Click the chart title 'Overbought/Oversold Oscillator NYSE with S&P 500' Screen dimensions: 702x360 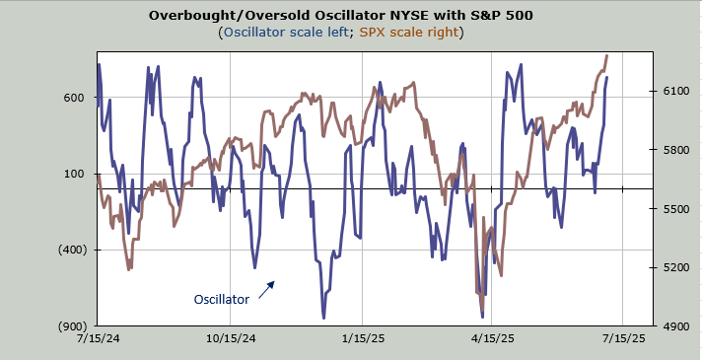point(341,15)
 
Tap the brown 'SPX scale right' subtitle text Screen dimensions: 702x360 point(409,33)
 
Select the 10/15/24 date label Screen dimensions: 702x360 point(230,338)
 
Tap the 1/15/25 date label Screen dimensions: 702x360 point(362,338)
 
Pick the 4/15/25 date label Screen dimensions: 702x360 point(492,338)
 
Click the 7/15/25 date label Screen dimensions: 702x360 point(623,338)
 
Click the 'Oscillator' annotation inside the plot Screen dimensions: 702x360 point(221,300)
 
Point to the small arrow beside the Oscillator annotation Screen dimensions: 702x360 point(266,289)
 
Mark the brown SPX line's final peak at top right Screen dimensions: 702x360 point(607,55)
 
